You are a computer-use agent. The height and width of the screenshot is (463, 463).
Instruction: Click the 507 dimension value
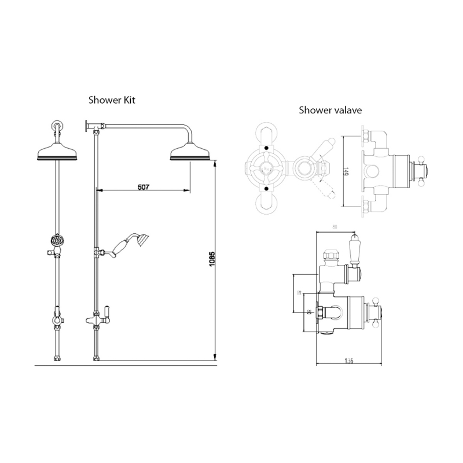click(x=144, y=187)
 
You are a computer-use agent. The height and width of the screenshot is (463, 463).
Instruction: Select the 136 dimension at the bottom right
click(x=349, y=362)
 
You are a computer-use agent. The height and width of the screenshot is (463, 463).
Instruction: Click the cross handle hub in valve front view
click(x=266, y=168)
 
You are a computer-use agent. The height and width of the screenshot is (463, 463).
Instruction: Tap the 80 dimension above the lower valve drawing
click(x=336, y=226)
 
